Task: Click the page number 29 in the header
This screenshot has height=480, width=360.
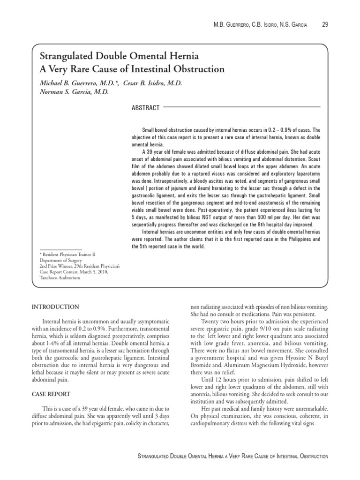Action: [x=325, y=24]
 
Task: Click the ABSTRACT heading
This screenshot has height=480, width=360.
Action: [x=146, y=108]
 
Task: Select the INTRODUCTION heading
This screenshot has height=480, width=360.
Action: [x=55, y=307]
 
